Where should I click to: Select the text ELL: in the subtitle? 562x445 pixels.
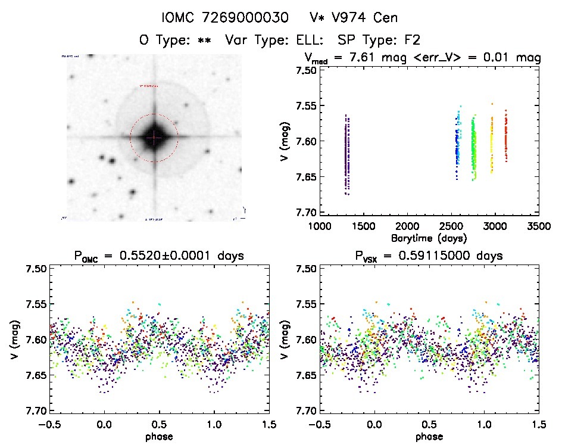coord(309,41)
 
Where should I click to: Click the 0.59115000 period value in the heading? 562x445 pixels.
coord(429,256)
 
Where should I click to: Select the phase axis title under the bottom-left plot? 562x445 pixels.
coord(158,436)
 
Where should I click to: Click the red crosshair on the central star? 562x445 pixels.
coord(154,138)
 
